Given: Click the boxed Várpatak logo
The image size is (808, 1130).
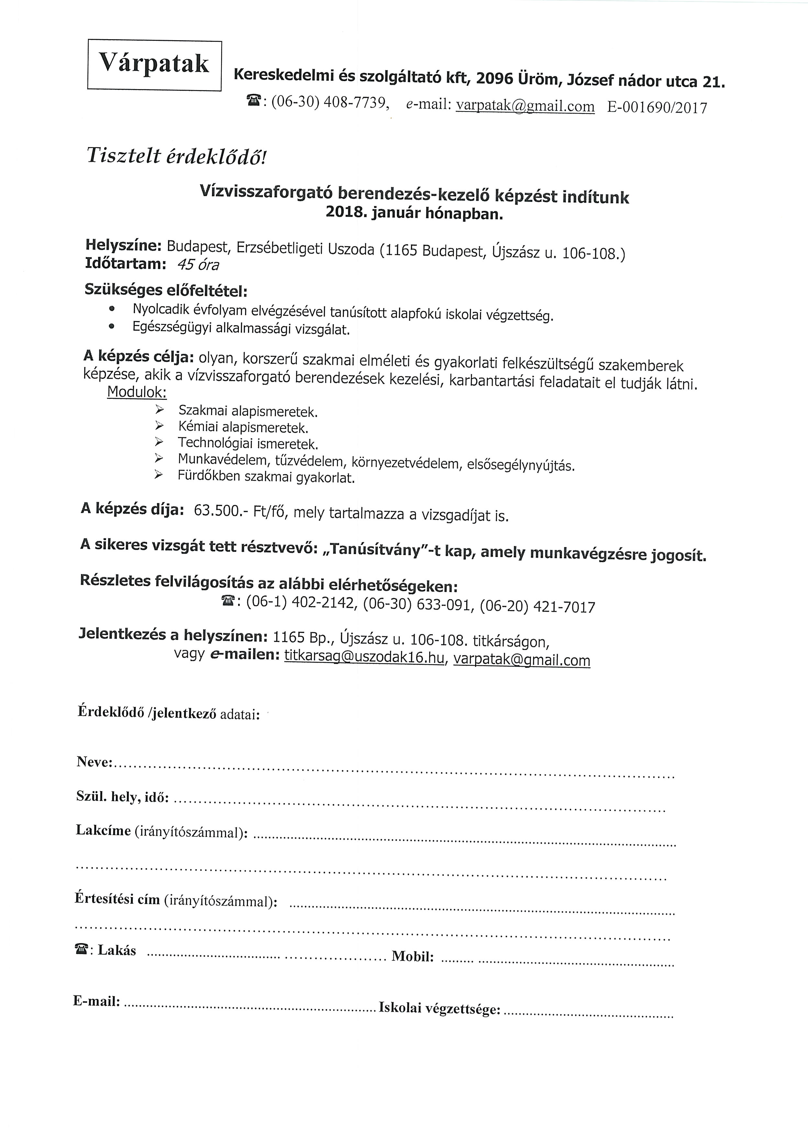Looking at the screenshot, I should (154, 65).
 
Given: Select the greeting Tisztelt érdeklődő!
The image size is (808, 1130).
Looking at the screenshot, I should (177, 156).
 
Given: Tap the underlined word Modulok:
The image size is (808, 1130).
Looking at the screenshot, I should (137, 392).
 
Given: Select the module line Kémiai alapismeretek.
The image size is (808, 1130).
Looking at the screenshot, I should (243, 427).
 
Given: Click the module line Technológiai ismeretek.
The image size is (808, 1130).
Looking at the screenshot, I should (248, 443).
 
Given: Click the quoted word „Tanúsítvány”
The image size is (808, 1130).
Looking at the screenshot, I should (375, 548).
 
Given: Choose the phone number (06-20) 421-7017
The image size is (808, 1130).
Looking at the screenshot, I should (537, 607).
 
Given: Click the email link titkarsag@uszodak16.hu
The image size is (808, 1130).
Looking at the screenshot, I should (364, 657).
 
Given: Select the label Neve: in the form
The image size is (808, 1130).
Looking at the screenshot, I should (95, 762).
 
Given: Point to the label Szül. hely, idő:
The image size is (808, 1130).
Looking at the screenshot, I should (122, 797).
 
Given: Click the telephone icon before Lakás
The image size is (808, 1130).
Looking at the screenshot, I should (81, 949).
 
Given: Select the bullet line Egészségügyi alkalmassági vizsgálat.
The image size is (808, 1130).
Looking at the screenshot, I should (241, 329).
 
